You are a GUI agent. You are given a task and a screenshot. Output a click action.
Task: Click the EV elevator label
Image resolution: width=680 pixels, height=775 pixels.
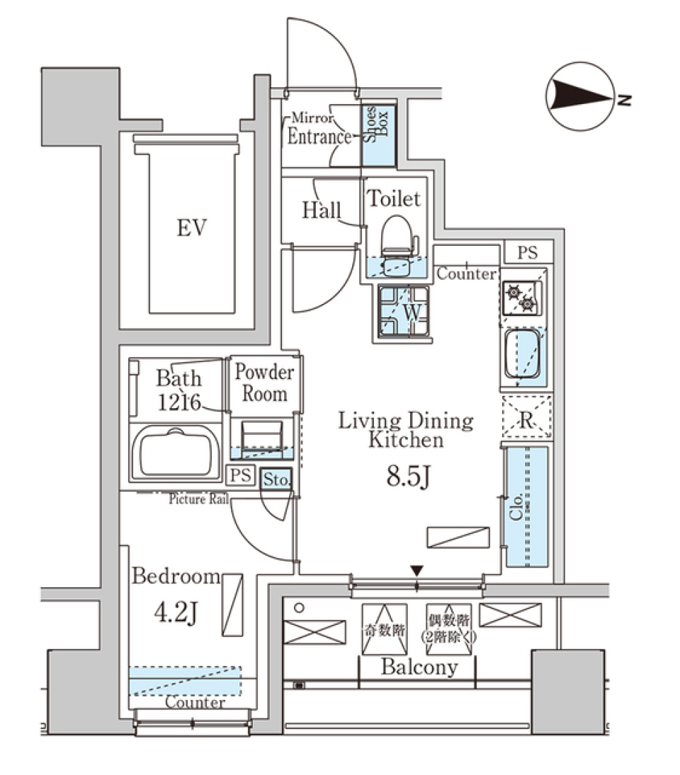[x=192, y=228]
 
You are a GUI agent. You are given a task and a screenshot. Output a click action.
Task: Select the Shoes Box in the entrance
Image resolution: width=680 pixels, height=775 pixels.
[x=377, y=135]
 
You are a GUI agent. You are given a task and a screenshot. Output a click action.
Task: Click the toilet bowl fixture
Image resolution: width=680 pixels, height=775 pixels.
[x=396, y=237]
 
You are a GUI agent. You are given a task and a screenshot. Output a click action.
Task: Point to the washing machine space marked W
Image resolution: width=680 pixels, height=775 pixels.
[x=404, y=312]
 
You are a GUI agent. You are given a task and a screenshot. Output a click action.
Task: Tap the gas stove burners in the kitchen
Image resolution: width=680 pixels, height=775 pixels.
[x=522, y=298]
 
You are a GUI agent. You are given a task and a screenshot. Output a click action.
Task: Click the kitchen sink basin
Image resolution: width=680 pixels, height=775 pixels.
[x=523, y=353]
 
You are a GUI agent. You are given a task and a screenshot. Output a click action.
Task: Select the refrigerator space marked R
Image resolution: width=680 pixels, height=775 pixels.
[x=526, y=419]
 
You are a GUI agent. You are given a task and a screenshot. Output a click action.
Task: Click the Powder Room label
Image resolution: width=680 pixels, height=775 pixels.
[x=264, y=383]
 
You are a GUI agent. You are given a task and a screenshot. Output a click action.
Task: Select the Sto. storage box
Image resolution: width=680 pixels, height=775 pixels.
[x=276, y=480]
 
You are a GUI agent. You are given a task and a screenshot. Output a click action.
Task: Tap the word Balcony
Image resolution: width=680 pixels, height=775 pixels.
[x=419, y=667]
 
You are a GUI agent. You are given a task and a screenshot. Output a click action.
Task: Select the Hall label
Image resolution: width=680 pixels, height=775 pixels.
[x=322, y=210]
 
